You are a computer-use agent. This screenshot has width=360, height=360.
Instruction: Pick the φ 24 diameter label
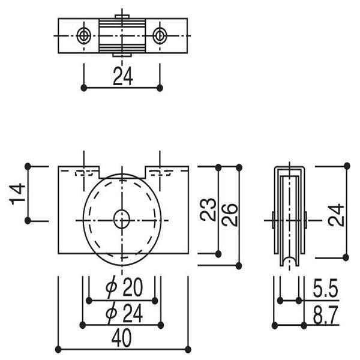point(122,313)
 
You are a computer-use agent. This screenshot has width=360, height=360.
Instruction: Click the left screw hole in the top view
point(83,36)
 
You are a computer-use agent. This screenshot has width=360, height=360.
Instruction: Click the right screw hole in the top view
point(159,36)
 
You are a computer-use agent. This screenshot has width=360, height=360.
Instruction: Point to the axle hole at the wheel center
point(122,220)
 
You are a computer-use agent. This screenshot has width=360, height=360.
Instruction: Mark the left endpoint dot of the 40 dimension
point(58,349)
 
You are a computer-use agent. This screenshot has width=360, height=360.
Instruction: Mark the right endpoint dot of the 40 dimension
point(188,349)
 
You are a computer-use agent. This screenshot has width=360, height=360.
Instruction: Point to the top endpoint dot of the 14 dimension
point(28,166)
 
